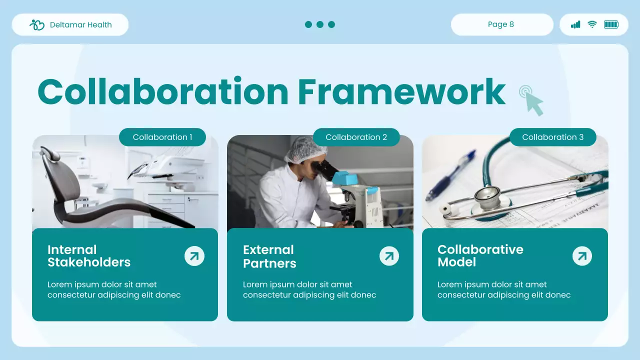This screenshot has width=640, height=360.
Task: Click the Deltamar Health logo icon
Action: point(37,25)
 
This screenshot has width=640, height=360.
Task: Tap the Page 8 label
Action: point(501,24)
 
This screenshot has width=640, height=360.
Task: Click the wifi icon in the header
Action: point(592,24)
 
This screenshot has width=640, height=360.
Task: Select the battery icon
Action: point(611,24)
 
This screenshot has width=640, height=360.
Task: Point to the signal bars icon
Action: point(575,24)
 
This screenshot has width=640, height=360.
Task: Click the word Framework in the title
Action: point(401,92)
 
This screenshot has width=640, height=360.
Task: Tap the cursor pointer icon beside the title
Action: point(531,100)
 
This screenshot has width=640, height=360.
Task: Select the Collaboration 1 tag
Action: point(162,137)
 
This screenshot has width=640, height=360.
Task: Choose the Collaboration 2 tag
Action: point(356,137)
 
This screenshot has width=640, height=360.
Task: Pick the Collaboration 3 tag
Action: point(553,137)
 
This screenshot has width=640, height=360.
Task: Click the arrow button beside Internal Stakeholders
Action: point(194,256)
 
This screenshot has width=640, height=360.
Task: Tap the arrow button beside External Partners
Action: point(389,256)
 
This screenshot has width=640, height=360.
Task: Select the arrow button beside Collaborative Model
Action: point(582,256)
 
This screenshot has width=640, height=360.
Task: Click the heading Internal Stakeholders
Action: point(89,256)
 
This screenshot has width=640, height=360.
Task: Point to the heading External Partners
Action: point(269,256)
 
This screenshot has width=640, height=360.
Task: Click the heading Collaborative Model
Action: point(480,255)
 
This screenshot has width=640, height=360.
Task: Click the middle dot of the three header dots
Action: point(320,24)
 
